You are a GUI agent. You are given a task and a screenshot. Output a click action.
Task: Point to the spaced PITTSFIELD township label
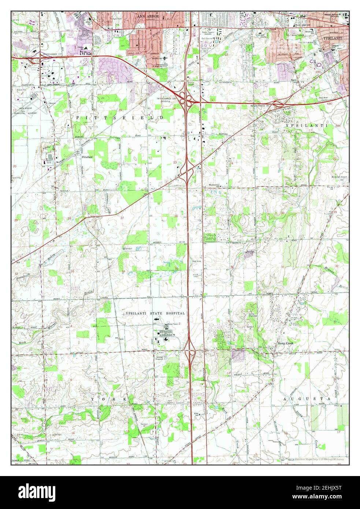[120, 117]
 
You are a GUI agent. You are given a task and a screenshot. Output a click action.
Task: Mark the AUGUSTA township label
[307, 398]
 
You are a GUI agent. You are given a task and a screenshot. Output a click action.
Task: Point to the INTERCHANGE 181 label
[262, 106]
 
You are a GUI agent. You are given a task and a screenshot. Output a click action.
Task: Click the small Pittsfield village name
[88, 157]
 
